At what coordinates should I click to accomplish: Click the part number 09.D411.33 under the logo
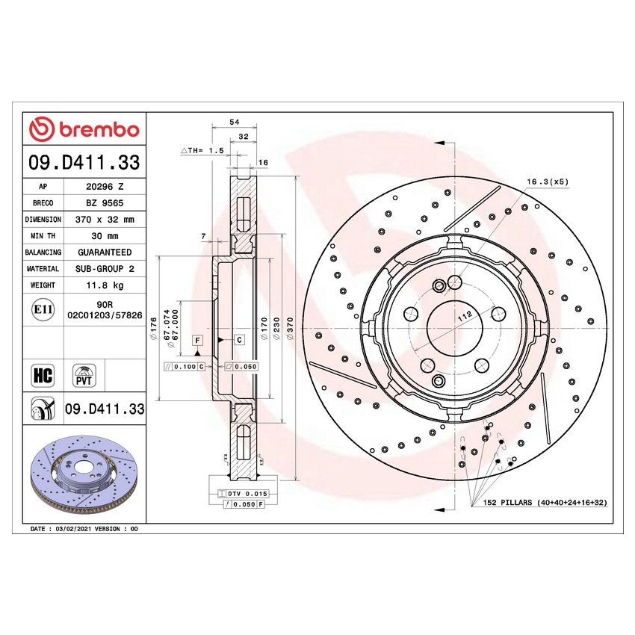(84, 162)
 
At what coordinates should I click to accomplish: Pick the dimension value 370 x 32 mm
(104, 220)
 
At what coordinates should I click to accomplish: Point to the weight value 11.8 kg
(104, 285)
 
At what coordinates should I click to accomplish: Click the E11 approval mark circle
(42, 309)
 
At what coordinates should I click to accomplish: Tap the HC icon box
(43, 374)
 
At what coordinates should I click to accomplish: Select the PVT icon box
(84, 374)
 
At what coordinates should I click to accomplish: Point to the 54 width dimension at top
(234, 121)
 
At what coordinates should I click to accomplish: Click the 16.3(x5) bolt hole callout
(547, 182)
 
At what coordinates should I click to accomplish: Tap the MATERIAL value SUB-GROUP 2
(104, 269)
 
